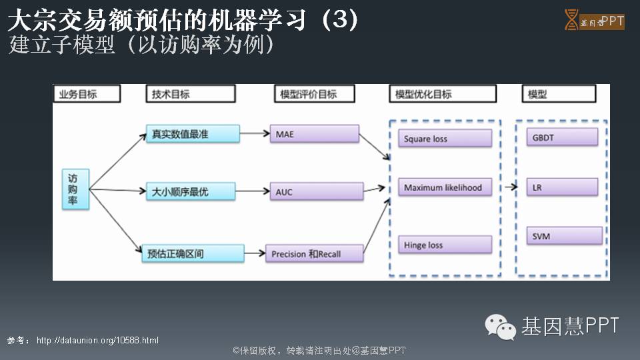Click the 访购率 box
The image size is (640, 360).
click(76, 190)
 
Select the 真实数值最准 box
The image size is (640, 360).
click(193, 134)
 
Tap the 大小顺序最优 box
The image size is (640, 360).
click(191, 192)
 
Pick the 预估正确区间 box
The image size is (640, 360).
click(193, 253)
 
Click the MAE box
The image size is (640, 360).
click(314, 134)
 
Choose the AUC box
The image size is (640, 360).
click(316, 192)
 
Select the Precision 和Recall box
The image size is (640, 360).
click(314, 253)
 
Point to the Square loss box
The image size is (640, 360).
click(445, 139)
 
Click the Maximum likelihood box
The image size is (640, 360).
click(445, 187)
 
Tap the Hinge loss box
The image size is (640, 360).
click(445, 245)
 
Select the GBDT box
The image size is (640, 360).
click(561, 138)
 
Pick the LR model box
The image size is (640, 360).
click(561, 187)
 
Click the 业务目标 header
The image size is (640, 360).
click(87, 94)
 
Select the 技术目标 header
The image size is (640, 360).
click(190, 94)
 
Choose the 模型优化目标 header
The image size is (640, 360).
click(443, 94)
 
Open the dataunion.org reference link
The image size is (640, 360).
click(97, 341)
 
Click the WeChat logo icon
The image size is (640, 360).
click(500, 327)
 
